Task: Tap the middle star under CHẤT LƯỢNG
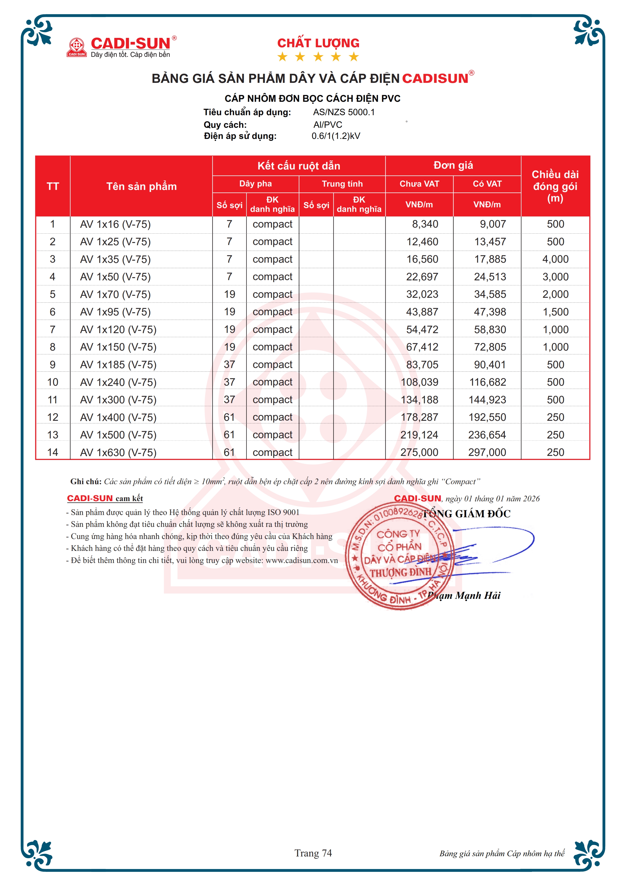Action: (318, 57)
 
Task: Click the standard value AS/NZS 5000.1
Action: (344, 112)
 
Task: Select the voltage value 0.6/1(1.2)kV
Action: (336, 136)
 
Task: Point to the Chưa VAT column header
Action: (419, 184)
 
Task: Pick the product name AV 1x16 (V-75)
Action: (115, 224)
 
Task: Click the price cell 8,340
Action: (425, 224)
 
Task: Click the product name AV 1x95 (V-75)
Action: (115, 312)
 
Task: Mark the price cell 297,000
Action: (487, 452)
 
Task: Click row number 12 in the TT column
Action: (53, 417)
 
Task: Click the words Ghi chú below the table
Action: (86, 482)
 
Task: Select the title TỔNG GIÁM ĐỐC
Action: (466, 514)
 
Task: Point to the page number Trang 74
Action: (313, 853)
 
